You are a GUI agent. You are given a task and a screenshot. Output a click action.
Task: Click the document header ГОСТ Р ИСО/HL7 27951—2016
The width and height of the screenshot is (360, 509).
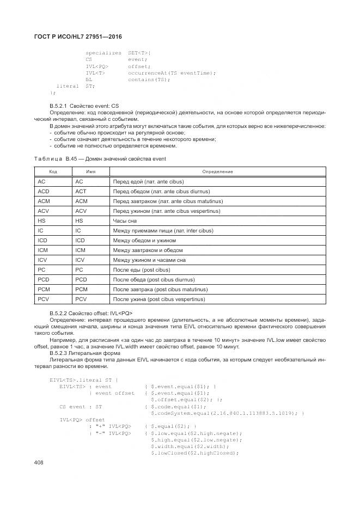(x=78, y=36)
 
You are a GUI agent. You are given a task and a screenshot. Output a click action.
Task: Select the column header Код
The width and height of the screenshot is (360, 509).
(x=53, y=171)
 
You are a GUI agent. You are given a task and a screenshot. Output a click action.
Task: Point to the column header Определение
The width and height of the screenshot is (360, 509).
(x=218, y=171)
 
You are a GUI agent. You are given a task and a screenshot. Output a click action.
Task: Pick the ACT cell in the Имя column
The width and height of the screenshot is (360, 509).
(x=81, y=191)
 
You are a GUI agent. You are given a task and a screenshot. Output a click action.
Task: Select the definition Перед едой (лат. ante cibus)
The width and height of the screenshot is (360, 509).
(x=148, y=181)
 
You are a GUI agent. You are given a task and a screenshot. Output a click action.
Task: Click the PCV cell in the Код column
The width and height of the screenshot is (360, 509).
(x=44, y=299)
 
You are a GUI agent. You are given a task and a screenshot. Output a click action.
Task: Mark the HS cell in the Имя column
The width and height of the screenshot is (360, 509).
(x=79, y=220)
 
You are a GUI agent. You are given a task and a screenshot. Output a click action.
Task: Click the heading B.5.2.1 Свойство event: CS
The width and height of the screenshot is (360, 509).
(x=84, y=105)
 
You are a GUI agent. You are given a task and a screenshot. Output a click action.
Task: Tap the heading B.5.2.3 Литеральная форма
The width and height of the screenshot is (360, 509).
(x=82, y=352)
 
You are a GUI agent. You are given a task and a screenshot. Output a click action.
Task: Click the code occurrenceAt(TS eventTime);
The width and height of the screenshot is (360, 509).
(x=172, y=73)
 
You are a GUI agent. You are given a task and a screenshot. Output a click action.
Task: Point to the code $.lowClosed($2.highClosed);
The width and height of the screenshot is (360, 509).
(x=194, y=452)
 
